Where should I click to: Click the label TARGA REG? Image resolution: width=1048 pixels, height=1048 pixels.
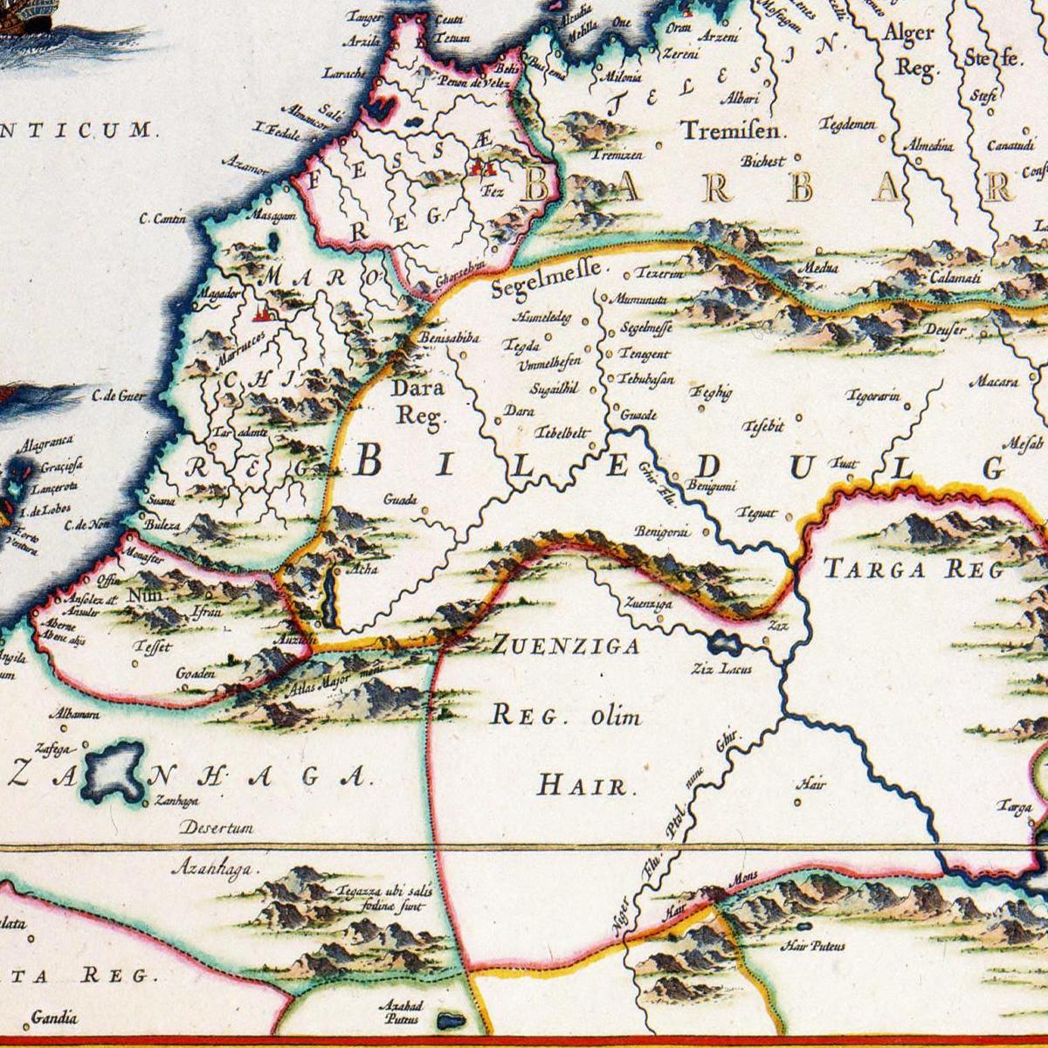tap(913, 570)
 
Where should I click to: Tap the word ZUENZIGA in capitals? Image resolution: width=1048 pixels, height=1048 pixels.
tap(565, 647)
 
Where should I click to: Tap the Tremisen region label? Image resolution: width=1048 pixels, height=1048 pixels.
tap(734, 131)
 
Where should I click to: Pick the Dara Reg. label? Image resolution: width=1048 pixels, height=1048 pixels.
tap(417, 400)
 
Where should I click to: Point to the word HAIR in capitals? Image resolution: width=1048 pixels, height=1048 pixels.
tap(582, 785)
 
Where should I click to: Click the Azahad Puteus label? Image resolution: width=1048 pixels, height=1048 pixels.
tap(399, 1011)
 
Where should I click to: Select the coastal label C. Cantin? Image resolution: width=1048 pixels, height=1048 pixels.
tap(162, 219)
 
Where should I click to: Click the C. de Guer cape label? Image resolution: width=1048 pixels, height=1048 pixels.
tap(116, 396)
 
